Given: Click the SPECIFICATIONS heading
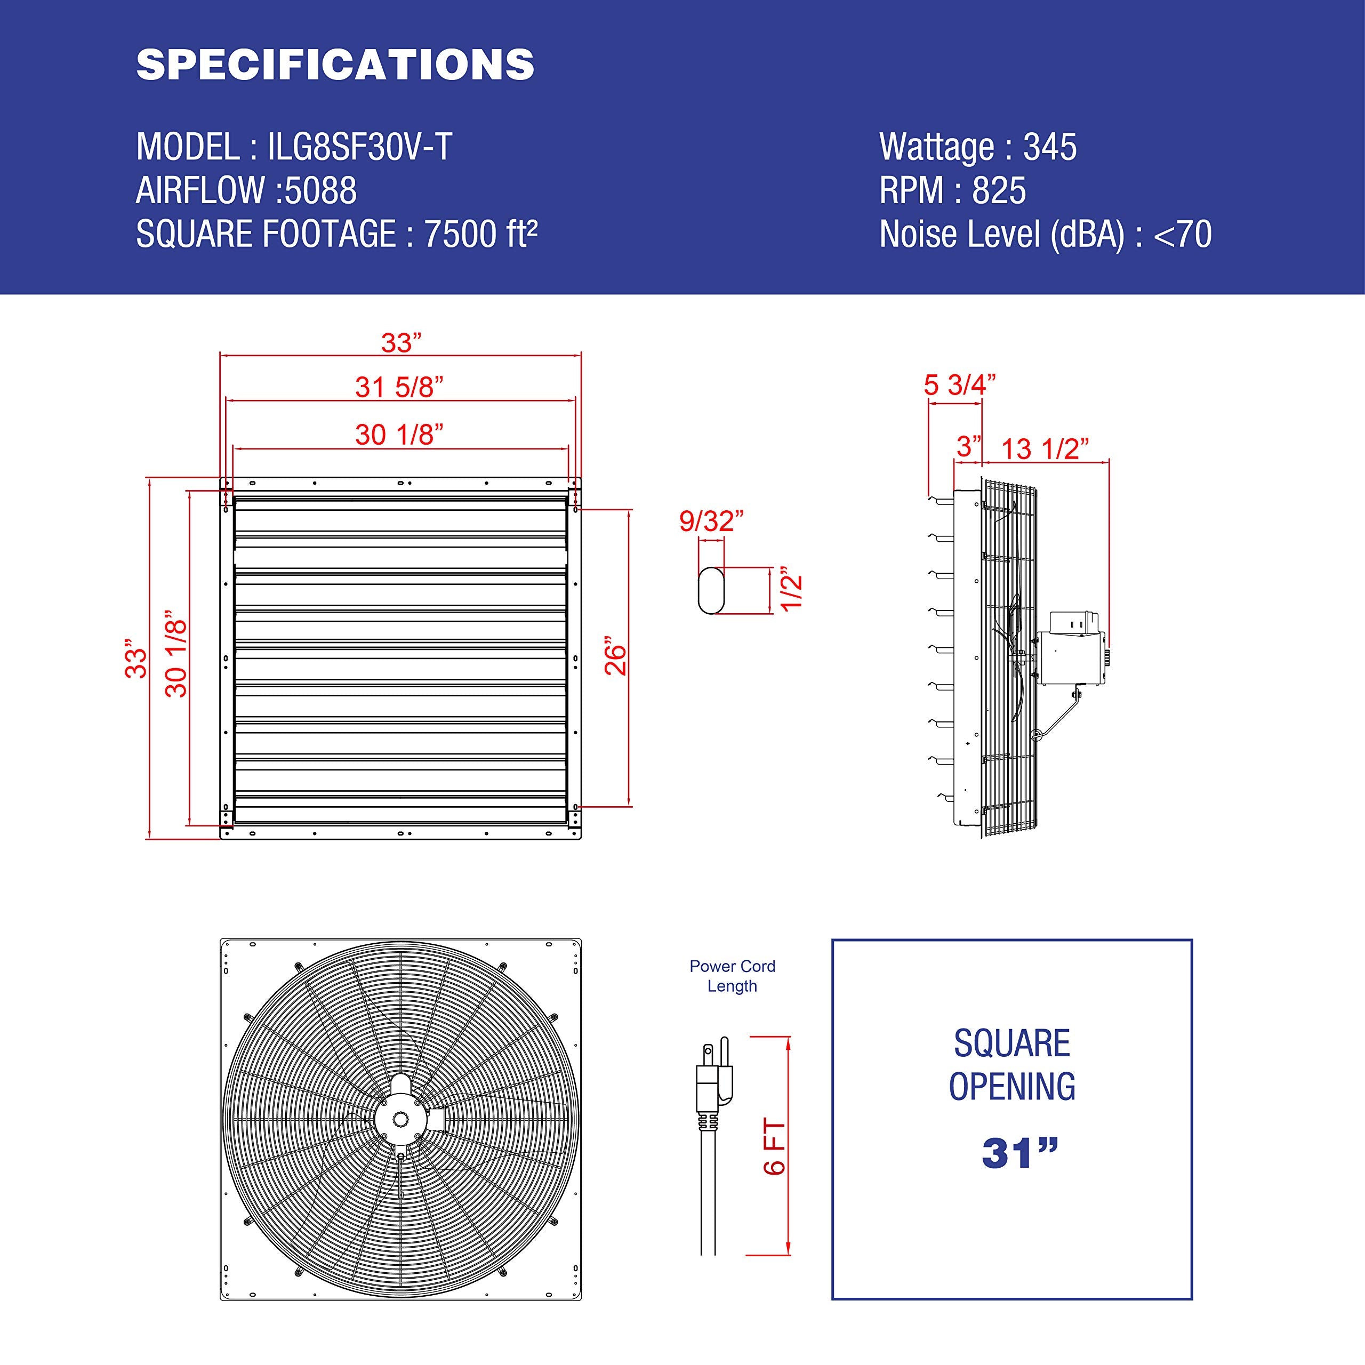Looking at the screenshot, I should point(335,65).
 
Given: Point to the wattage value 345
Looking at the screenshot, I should point(1050,147).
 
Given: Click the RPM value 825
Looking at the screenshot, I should point(999,191).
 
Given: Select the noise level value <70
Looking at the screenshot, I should point(1182,235).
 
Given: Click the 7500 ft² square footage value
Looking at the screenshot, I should point(480,235).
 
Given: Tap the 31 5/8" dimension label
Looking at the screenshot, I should point(399,387).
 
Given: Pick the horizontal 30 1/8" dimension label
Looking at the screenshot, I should point(399,435).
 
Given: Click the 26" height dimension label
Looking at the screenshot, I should point(616,659).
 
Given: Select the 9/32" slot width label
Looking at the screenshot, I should point(711,521).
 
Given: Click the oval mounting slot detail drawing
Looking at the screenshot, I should point(711,590).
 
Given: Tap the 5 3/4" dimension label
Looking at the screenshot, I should point(959,385).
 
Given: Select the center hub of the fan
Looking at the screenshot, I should point(400,1119).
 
